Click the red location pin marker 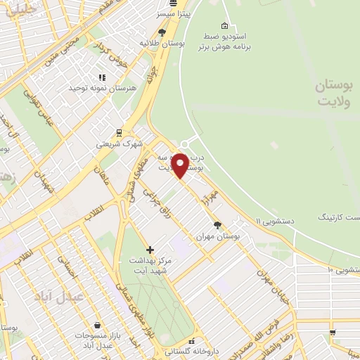(180, 165)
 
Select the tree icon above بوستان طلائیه (162, 32)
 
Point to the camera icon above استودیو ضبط (224, 26)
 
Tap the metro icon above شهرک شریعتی (119, 131)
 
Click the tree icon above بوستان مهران (217, 225)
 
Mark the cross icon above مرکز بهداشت (149, 250)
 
